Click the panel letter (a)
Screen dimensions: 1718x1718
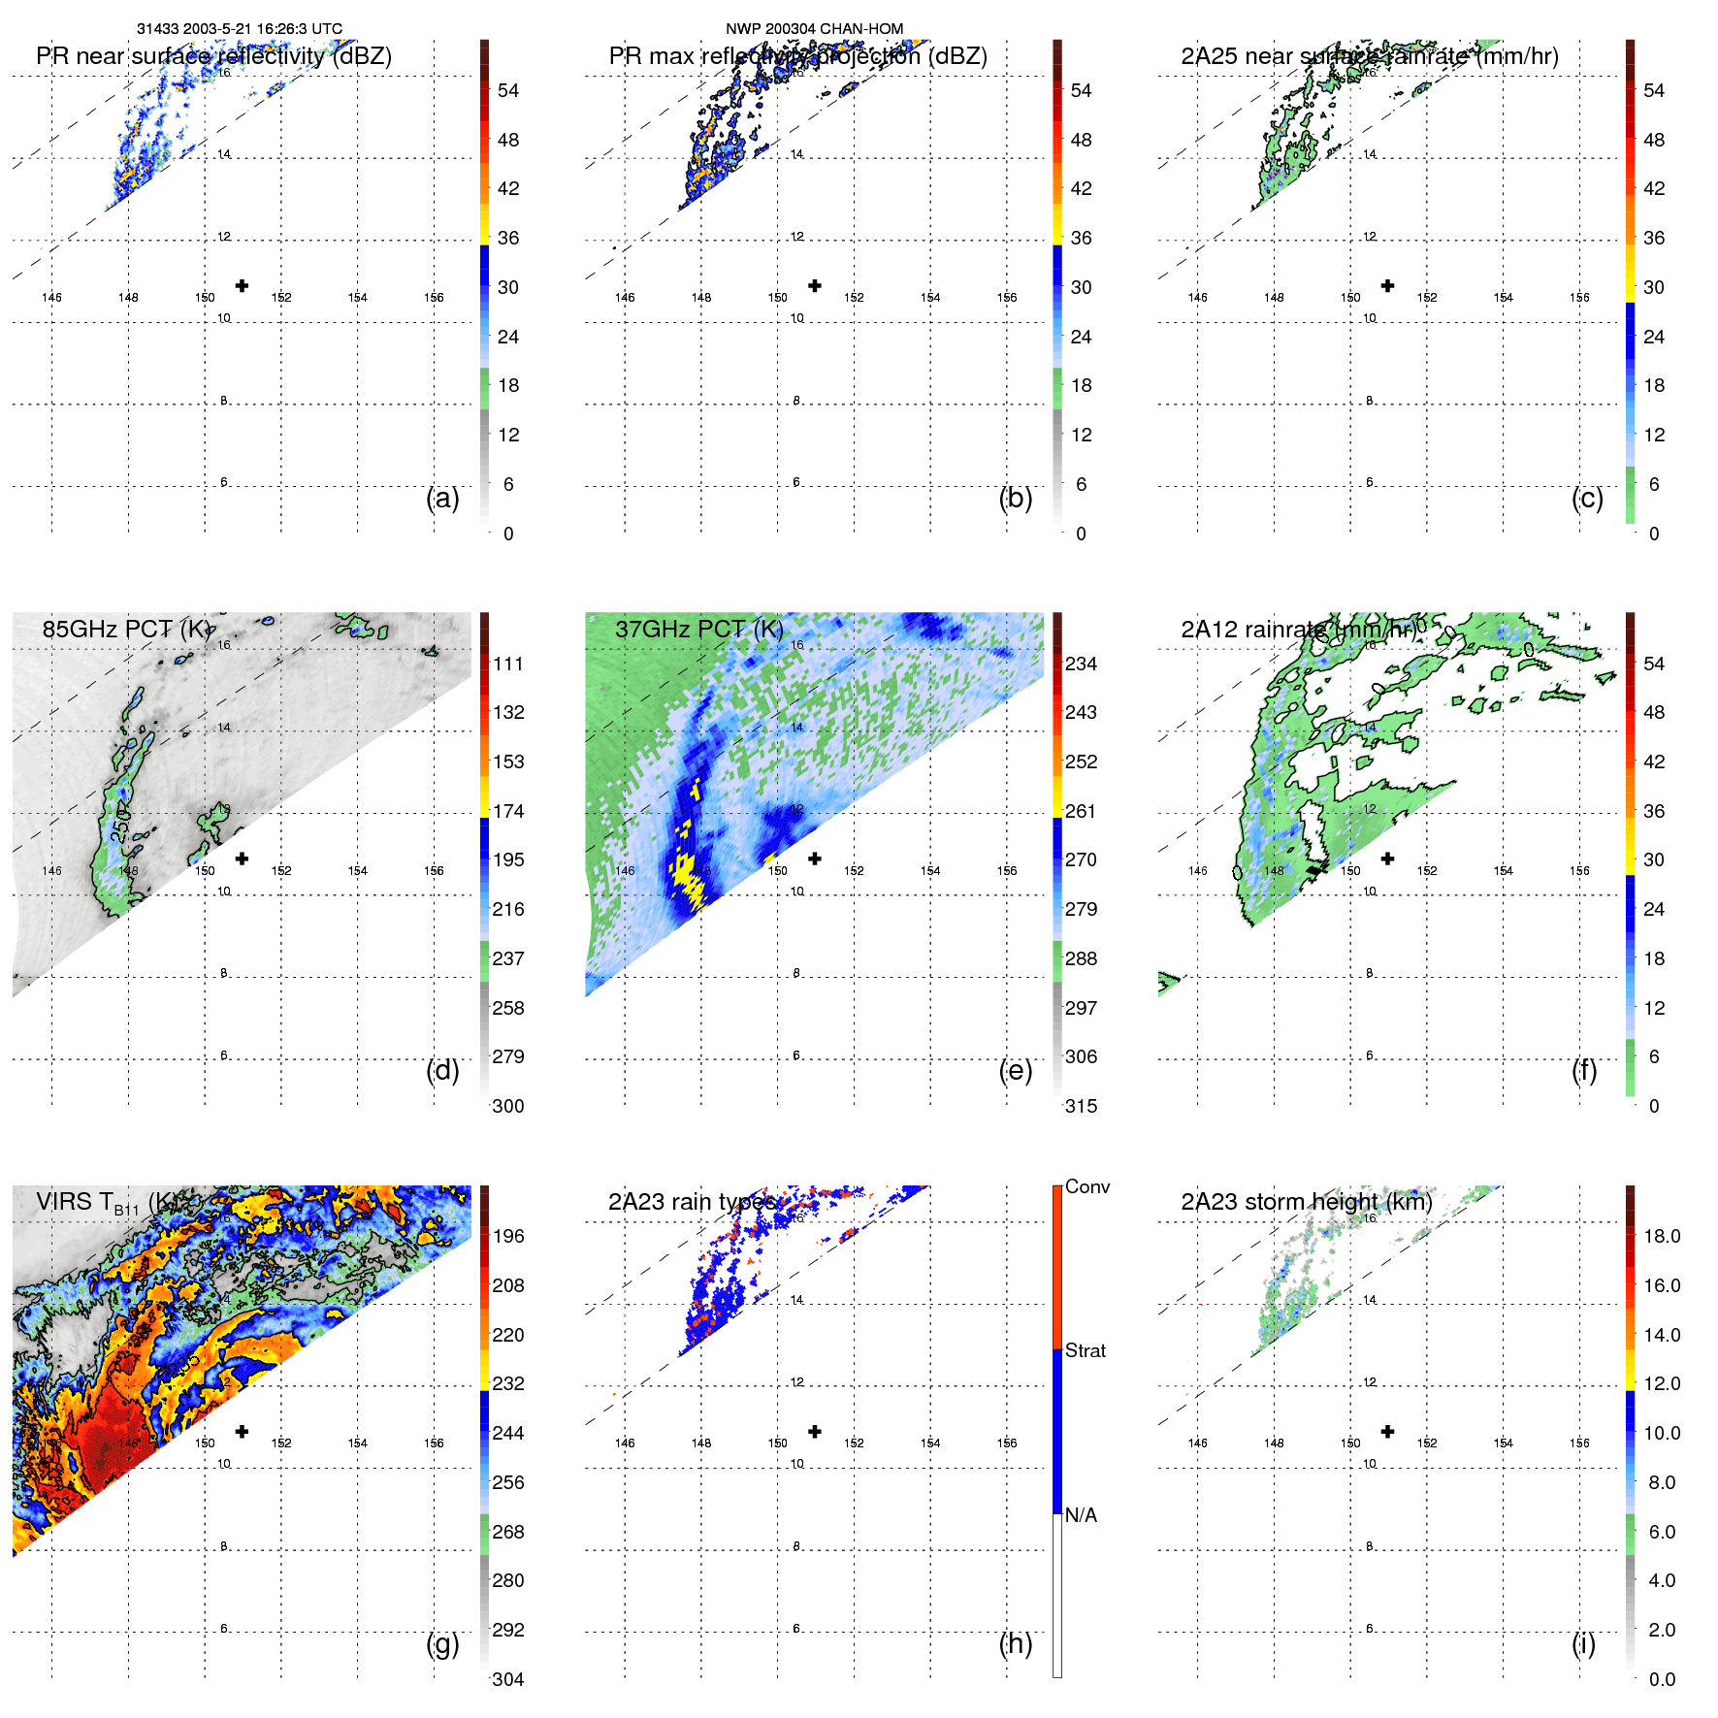pyautogui.click(x=442, y=499)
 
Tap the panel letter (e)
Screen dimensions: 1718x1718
pyautogui.click(x=1016, y=1071)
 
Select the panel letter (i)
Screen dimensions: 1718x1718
pyautogui.click(x=1583, y=1643)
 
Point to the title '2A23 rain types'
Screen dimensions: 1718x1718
pyautogui.click(x=692, y=1202)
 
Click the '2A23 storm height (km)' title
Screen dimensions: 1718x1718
pyautogui.click(x=1307, y=1202)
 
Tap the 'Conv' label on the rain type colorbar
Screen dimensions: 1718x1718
pyautogui.click(x=1087, y=1186)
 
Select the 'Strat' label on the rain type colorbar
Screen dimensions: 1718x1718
pyautogui.click(x=1086, y=1350)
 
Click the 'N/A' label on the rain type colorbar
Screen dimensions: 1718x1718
pyautogui.click(x=1081, y=1515)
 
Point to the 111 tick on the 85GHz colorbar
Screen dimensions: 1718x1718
pyautogui.click(x=508, y=664)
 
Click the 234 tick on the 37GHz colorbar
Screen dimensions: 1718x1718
pyautogui.click(x=1081, y=664)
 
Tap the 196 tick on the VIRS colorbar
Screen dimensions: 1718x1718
pyautogui.click(x=508, y=1236)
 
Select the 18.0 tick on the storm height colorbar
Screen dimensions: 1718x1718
pyautogui.click(x=1662, y=1236)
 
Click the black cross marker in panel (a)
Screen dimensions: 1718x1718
pyautogui.click(x=242, y=285)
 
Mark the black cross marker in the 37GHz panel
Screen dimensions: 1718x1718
pyautogui.click(x=815, y=859)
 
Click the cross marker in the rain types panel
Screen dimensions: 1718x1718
pyautogui.click(x=815, y=1431)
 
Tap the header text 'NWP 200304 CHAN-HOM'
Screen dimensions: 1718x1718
pyautogui.click(x=815, y=29)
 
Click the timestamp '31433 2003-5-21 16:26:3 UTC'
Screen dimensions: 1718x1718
pyautogui.click(x=240, y=29)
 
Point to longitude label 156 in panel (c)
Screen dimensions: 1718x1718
pyautogui.click(x=1579, y=298)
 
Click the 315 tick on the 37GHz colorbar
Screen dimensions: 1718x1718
pyautogui.click(x=1081, y=1106)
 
